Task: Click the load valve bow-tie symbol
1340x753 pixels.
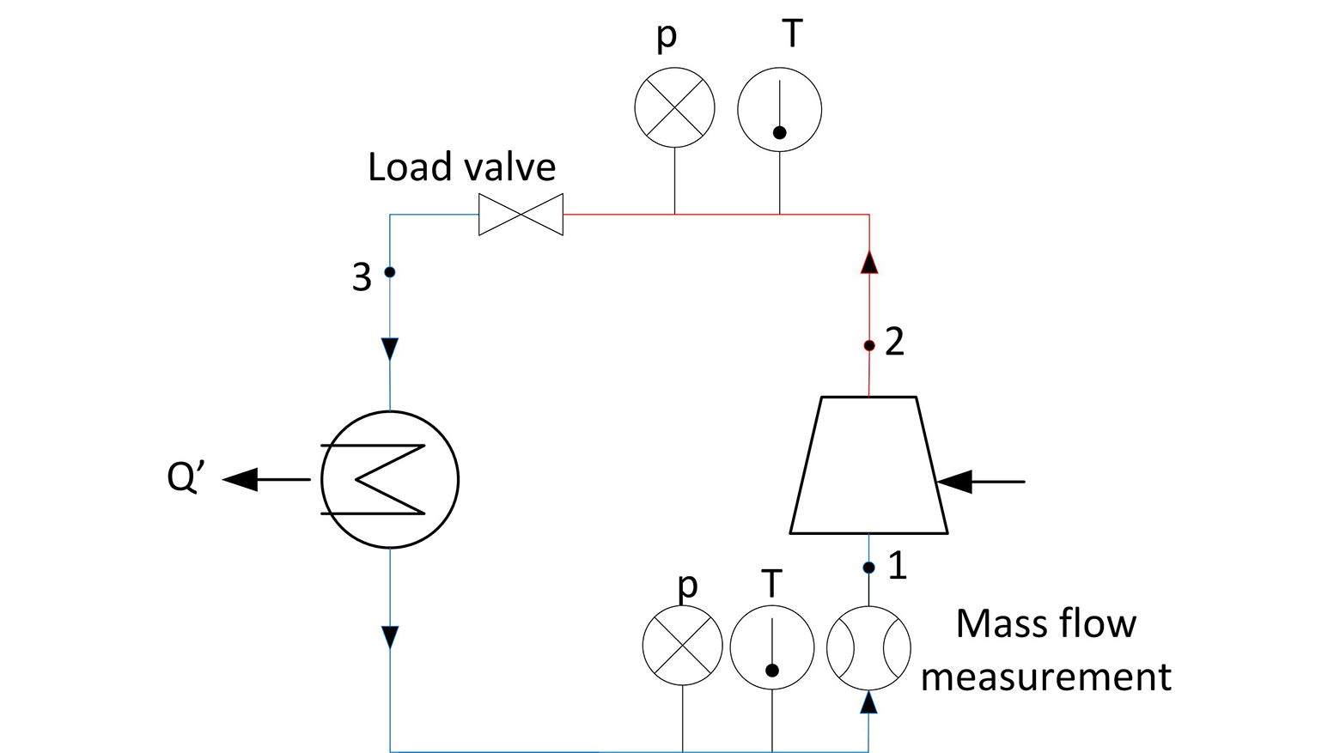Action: (521, 215)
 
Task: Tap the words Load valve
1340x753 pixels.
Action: (462, 167)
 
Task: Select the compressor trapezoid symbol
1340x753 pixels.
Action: (868, 465)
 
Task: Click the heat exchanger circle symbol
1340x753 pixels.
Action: (390, 480)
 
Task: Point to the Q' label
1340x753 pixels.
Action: (184, 477)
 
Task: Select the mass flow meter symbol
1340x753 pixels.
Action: (868, 648)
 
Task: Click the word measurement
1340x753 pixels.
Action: (1045, 677)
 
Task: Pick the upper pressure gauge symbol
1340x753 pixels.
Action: (674, 108)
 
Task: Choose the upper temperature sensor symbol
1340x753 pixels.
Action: (780, 111)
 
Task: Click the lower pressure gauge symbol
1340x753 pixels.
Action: (683, 646)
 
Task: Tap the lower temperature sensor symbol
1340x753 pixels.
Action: (772, 648)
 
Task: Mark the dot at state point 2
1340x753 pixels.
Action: (869, 345)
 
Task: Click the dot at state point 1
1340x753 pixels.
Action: (869, 568)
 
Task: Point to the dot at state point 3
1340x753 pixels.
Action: (390, 272)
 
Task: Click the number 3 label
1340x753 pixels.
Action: (362, 277)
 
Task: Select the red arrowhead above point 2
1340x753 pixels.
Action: (869, 261)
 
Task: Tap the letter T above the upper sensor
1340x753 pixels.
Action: (792, 33)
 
